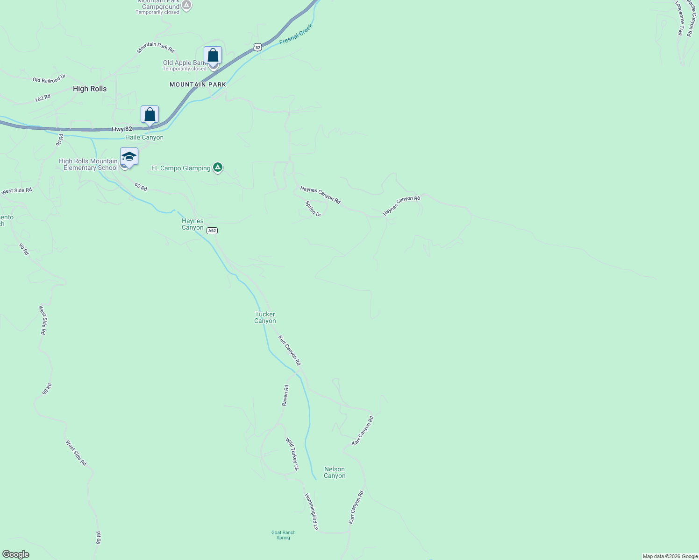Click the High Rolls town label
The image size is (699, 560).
tap(90, 89)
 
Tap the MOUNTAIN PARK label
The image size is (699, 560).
tap(198, 84)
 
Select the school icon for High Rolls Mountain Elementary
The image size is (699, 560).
tap(129, 157)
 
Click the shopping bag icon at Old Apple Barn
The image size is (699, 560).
tap(213, 56)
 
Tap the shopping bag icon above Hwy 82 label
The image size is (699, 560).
tap(150, 114)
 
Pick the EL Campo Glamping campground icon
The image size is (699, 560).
tap(217, 167)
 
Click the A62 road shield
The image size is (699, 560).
tap(212, 231)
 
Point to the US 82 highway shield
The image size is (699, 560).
tap(257, 47)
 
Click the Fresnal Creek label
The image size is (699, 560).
tap(296, 35)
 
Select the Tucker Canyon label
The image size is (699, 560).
tap(265, 317)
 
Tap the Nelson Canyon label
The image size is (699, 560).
tap(335, 472)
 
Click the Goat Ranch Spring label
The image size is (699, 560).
tap(283, 535)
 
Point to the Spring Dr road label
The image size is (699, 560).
tap(313, 209)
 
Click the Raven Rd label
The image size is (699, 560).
tap(285, 395)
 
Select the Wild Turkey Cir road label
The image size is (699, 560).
tap(292, 454)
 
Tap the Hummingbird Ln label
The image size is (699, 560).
tap(311, 511)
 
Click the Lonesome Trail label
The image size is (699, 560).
tap(681, 19)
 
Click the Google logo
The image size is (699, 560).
tap(16, 554)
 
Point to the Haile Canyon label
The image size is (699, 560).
tap(144, 138)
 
